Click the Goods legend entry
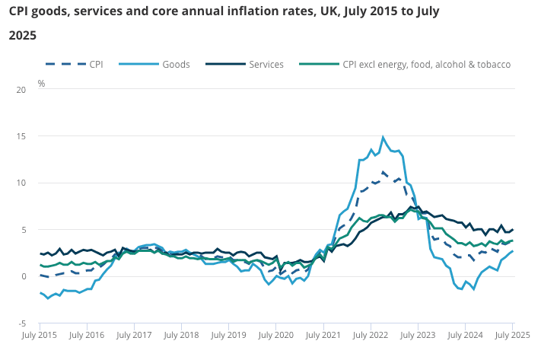tap(176, 65)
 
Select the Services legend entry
tap(266, 65)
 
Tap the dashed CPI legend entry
tap(96, 65)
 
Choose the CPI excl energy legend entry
tap(426, 65)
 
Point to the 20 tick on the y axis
tap(21, 90)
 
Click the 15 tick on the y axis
tap(21, 136)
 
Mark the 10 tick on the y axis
tap(21, 183)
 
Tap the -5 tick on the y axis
tap(21, 323)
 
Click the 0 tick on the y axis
tap(23, 276)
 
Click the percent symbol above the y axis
tap(41, 83)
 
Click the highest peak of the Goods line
tap(383, 137)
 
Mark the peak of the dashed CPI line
tap(383, 172)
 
